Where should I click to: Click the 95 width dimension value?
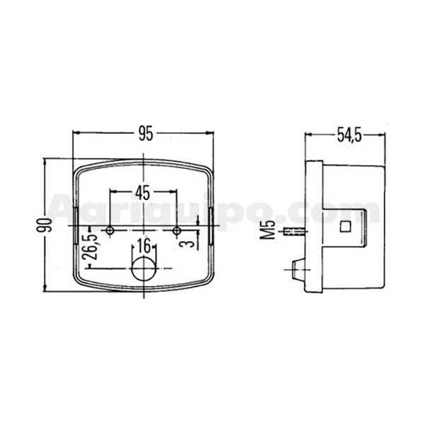click(146, 134)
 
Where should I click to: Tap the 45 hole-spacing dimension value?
click(143, 192)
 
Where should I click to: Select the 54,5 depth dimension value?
click(349, 135)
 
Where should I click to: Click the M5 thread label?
click(267, 230)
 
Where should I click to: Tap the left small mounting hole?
click(110, 230)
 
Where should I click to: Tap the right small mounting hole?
click(177, 230)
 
